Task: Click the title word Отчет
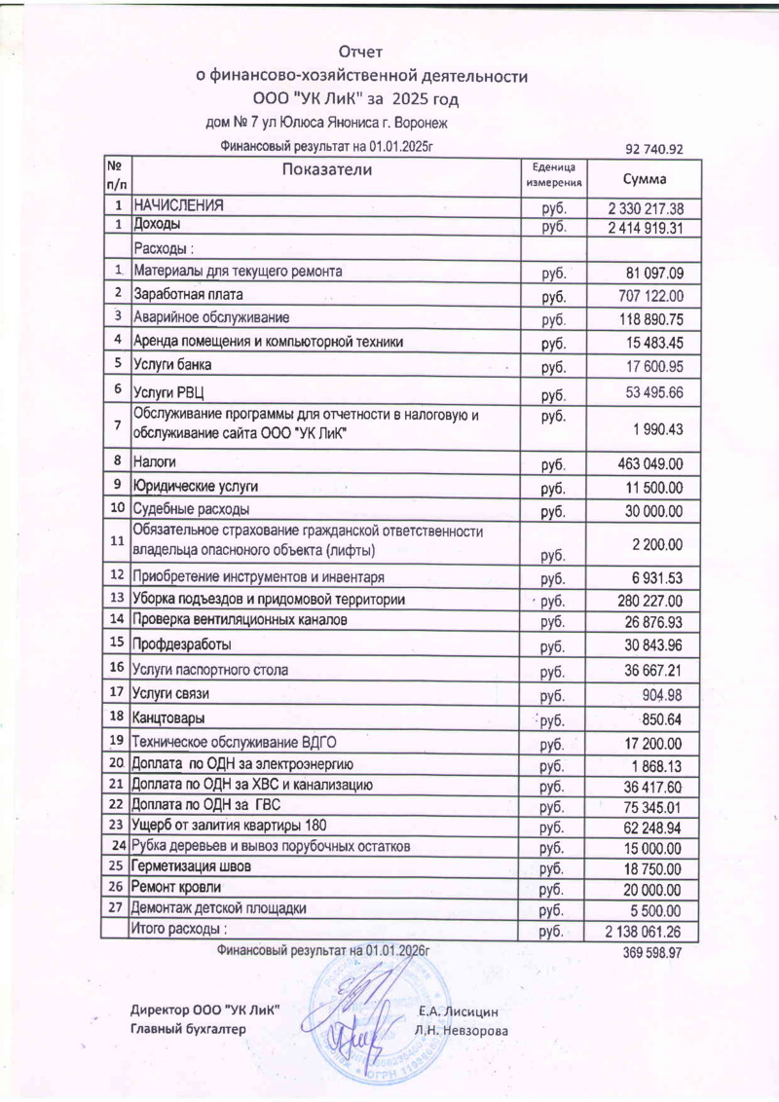(361, 52)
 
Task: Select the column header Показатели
(326, 170)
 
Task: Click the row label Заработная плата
(188, 293)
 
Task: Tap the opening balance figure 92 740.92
(655, 149)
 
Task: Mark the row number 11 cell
(117, 540)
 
